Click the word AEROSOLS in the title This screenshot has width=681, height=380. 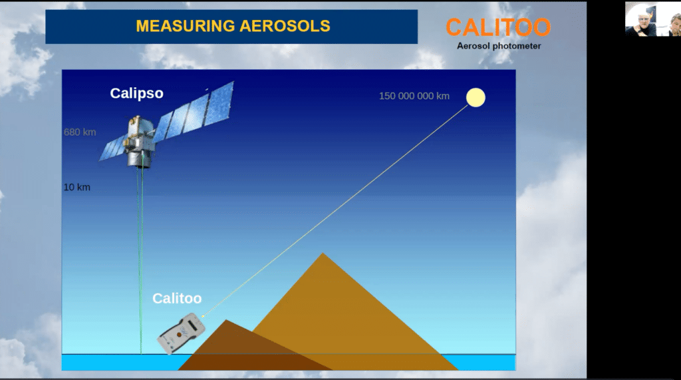[285, 26]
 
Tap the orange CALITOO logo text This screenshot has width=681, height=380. [498, 27]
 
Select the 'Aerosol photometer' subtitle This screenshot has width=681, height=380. [499, 46]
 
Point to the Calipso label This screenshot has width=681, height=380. [136, 93]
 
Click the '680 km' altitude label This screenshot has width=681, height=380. [80, 132]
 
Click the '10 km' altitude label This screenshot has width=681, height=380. [77, 188]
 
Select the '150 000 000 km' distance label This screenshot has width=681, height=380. [414, 96]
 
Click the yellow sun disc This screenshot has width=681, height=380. [476, 97]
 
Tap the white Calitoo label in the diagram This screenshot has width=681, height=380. [177, 298]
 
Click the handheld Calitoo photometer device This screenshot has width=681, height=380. [182, 333]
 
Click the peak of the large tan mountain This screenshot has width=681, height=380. [323, 253]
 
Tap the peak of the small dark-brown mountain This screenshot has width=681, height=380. [226, 320]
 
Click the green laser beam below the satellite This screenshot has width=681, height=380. [140, 261]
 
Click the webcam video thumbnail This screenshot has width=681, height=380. [653, 19]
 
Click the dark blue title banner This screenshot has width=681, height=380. [231, 27]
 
